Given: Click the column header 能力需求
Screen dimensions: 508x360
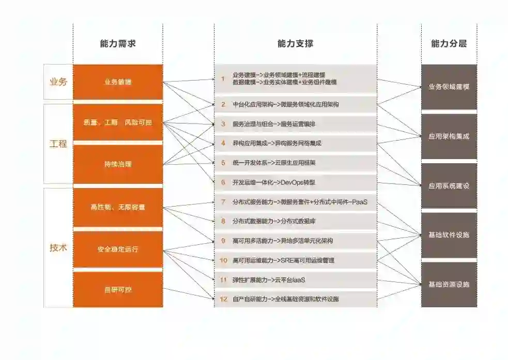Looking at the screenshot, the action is (x=118, y=44).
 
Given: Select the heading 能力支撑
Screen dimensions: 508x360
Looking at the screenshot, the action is (x=295, y=44).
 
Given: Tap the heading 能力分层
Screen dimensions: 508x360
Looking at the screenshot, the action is (x=449, y=44).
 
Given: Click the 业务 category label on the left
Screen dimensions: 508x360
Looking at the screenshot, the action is (x=58, y=82).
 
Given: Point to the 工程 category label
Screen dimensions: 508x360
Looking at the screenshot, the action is (x=58, y=144).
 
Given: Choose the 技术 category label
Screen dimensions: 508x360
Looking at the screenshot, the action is (x=58, y=247).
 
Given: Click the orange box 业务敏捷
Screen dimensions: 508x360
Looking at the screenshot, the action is (x=118, y=82).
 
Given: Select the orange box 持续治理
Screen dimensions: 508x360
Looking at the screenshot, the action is (x=118, y=164).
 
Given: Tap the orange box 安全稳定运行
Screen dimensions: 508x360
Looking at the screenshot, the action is (x=118, y=249).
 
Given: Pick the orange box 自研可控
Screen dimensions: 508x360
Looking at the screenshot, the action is (x=118, y=290).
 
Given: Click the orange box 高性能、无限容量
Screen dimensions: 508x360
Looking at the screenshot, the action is (x=118, y=207).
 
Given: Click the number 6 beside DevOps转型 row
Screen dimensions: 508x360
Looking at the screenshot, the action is (x=223, y=182).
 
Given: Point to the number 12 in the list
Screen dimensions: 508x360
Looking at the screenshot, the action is (x=223, y=299).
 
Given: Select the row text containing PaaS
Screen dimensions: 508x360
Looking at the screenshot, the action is (x=300, y=202).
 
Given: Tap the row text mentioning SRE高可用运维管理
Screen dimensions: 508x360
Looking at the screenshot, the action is (x=283, y=260).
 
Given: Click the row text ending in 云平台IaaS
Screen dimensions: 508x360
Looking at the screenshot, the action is (x=269, y=279).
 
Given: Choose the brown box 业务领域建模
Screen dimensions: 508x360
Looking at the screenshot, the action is (x=449, y=87).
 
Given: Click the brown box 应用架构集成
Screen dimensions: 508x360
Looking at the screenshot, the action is (x=449, y=136).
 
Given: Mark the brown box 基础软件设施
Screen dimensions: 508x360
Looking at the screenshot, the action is (x=449, y=234).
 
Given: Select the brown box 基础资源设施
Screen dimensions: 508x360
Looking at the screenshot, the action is (x=449, y=284).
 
